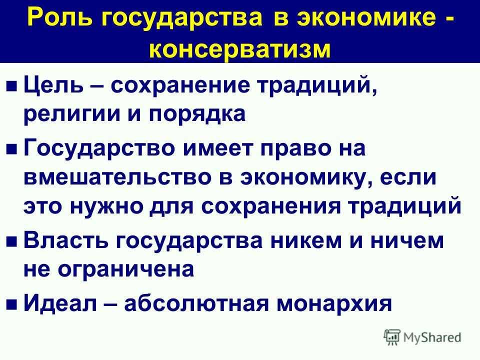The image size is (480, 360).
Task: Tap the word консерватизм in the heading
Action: pyautogui.click(x=240, y=48)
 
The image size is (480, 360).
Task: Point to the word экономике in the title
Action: pyautogui.click(x=366, y=17)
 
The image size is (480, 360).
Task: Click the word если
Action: pyautogui.click(x=408, y=177)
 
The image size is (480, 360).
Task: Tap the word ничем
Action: pyautogui.click(x=407, y=240)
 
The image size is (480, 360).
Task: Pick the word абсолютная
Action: pyautogui.click(x=196, y=303)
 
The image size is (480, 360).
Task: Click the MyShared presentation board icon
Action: pyautogui.click(x=392, y=337)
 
